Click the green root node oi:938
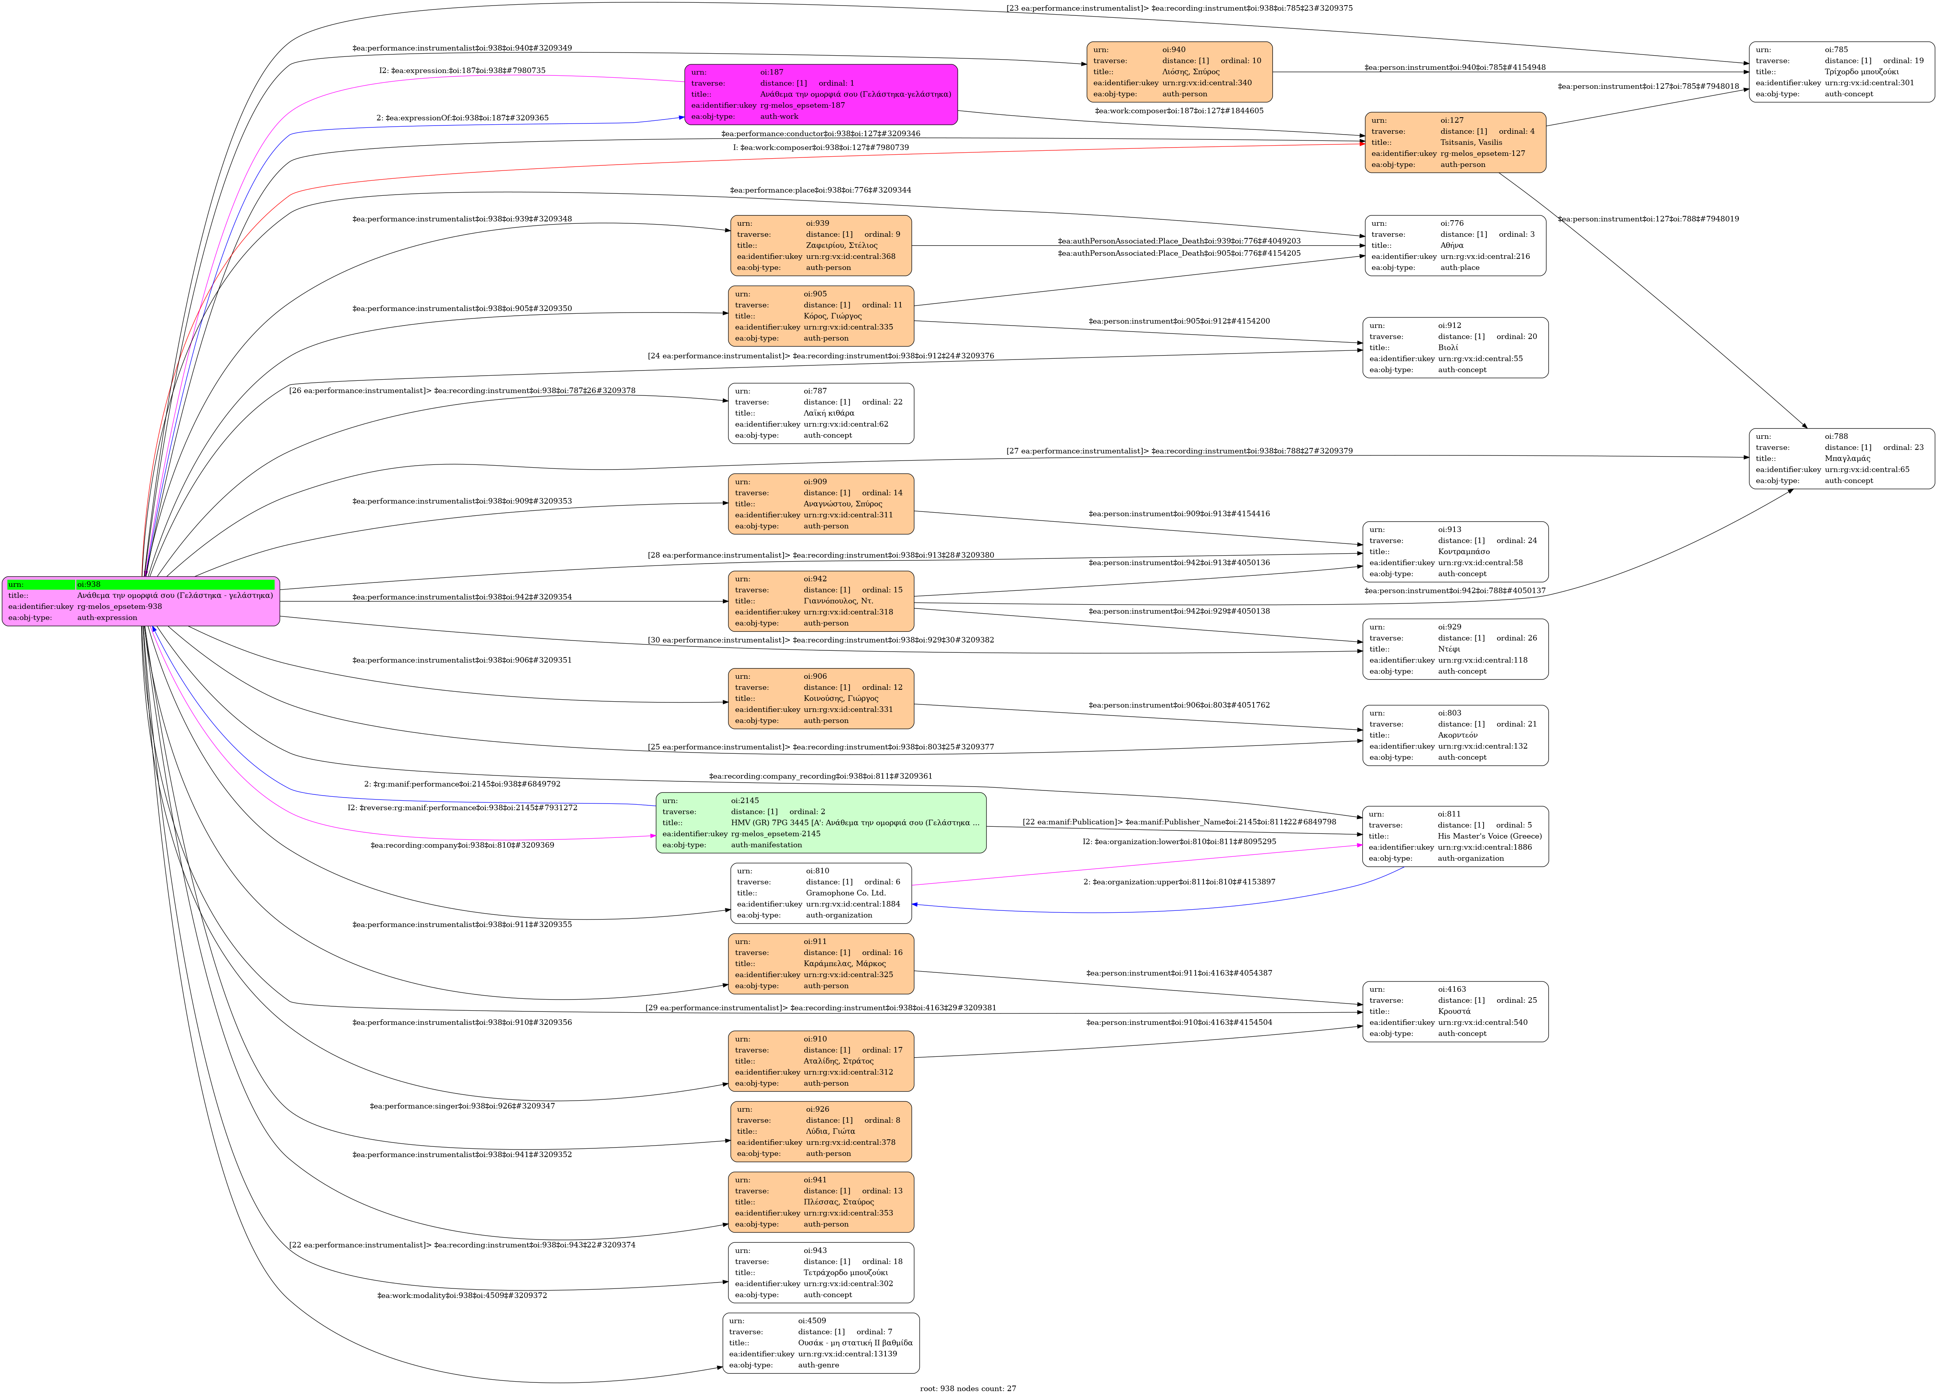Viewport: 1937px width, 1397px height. [141, 601]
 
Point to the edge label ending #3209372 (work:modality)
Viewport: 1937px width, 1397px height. [462, 1296]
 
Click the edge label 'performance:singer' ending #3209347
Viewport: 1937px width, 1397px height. [462, 1106]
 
